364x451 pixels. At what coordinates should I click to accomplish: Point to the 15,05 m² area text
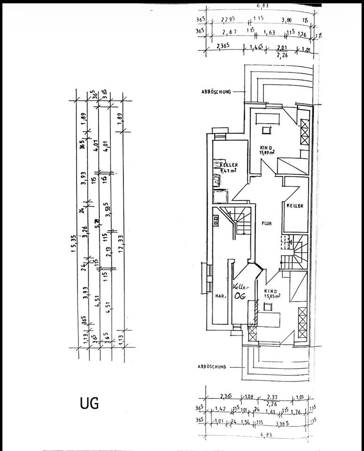click(x=272, y=296)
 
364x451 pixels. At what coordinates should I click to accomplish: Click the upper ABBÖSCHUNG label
click(x=214, y=93)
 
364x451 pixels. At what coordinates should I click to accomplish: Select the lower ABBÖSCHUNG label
click(x=213, y=366)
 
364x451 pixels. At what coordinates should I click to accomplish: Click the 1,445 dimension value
click(x=256, y=47)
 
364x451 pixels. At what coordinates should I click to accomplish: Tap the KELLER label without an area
click(x=295, y=206)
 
